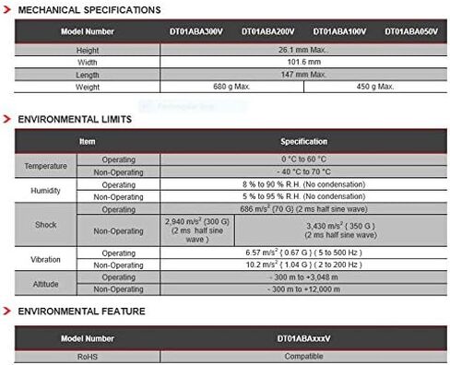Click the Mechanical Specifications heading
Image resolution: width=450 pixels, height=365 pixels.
coord(89,9)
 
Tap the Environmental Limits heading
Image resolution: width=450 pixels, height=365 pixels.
coord(75,119)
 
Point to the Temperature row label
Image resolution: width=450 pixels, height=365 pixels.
coord(45,165)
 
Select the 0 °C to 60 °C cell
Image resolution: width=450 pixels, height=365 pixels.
coord(303,159)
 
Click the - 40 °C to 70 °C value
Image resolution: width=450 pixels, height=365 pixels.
coord(303,171)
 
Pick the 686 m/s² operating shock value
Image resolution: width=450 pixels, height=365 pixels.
coord(303,209)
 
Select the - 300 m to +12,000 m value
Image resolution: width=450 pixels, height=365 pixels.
coord(303,288)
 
